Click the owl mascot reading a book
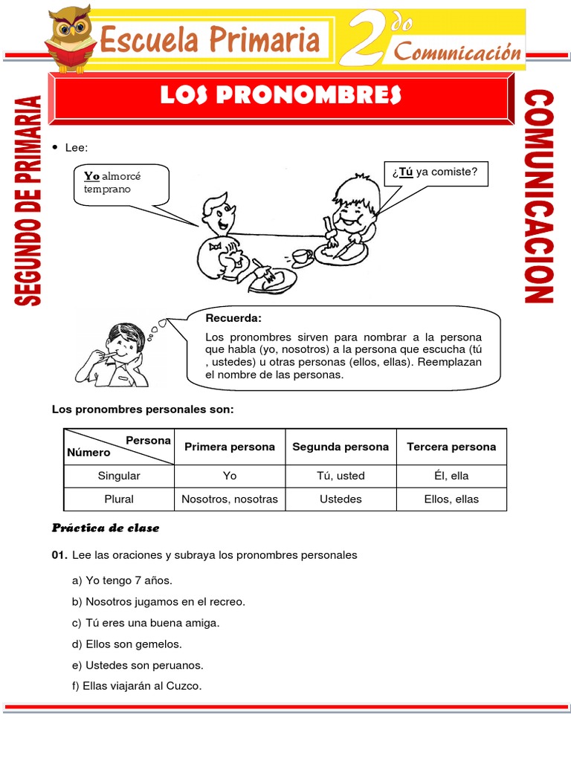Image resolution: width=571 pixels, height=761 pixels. click(69, 37)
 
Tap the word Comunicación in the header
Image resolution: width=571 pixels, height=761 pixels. click(457, 52)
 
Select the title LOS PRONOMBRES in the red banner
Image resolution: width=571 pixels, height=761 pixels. click(281, 95)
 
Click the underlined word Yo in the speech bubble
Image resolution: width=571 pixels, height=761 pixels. click(91, 176)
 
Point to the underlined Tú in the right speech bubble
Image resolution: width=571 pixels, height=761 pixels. click(405, 172)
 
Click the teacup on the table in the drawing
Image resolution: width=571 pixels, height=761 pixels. click(301, 256)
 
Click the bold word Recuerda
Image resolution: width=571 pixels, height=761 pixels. click(233, 318)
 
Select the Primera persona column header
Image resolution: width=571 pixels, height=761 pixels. click(230, 447)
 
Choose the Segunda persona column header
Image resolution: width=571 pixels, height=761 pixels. click(341, 447)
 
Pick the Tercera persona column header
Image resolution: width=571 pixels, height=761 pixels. click(451, 447)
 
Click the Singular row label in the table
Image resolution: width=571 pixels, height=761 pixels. click(119, 476)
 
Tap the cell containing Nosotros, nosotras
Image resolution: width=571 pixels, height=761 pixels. click(230, 499)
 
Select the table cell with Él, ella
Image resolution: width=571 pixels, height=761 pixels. click(451, 476)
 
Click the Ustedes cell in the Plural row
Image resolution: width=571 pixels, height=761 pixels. click(341, 499)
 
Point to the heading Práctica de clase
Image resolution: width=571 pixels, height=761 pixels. click(106, 528)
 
